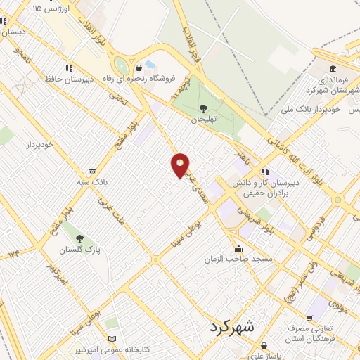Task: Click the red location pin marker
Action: [x=181, y=165]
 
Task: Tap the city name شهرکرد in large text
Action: [x=234, y=328]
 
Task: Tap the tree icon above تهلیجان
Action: [x=203, y=108]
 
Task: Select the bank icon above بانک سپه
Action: [x=91, y=172]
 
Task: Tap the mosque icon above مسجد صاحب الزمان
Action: [x=240, y=248]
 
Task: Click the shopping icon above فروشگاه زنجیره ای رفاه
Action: [x=149, y=67]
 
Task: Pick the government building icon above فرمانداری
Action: [x=333, y=69]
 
